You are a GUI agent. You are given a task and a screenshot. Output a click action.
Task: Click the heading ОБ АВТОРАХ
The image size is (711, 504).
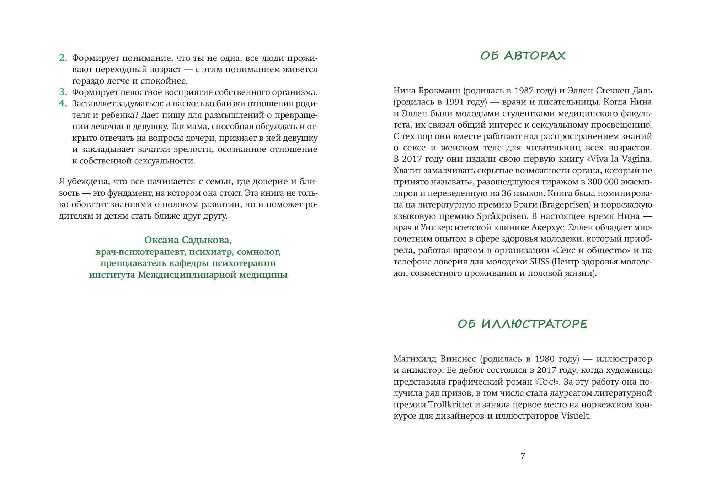pyautogui.click(x=523, y=56)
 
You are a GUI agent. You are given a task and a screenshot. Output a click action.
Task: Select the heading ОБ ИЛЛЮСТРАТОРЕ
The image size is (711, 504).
pyautogui.click(x=523, y=324)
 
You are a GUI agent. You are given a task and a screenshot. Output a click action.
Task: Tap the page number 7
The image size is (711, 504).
pyautogui.click(x=523, y=456)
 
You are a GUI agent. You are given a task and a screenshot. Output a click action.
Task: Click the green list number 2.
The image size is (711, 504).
pyautogui.click(x=63, y=58)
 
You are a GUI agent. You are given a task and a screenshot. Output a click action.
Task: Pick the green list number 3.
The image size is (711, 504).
pyautogui.click(x=63, y=92)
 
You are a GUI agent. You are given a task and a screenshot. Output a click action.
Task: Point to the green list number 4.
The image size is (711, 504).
pyautogui.click(x=63, y=103)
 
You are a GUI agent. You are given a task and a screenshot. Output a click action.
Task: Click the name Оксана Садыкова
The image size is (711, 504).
pyautogui.click(x=188, y=240)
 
